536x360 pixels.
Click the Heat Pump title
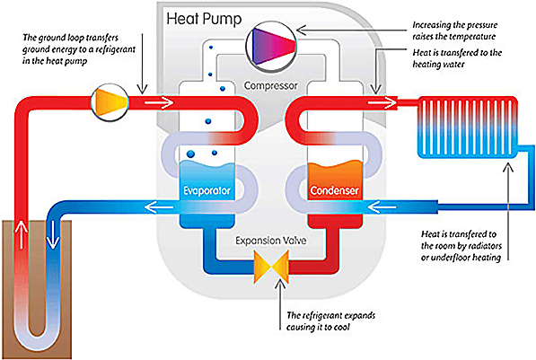[x=204, y=19]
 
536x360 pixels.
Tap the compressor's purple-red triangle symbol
[x=274, y=46]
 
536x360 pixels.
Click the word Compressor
[x=271, y=85]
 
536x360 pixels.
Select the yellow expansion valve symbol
[x=271, y=267]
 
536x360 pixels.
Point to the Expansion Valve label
[x=271, y=241]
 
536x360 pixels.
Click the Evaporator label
[x=206, y=190]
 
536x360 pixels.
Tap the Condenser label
[x=334, y=190]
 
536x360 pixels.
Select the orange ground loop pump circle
[x=110, y=101]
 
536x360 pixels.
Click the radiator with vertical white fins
[x=467, y=127]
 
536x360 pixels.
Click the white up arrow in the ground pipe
[x=22, y=234]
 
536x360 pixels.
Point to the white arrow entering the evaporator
[x=159, y=101]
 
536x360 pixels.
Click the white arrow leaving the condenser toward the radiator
[x=382, y=101]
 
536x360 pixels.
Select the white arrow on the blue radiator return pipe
[x=382, y=206]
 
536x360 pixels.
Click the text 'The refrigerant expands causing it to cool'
[x=331, y=320]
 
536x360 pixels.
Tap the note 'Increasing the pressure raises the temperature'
[x=454, y=31]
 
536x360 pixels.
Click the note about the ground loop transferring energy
[x=79, y=49]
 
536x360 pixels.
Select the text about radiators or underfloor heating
[x=461, y=245]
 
